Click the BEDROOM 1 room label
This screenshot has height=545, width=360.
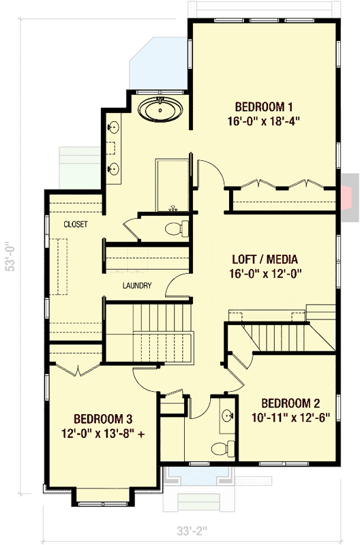pos(264,106)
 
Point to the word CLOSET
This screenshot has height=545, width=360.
pos(75,224)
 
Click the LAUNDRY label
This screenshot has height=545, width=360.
pos(137,285)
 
